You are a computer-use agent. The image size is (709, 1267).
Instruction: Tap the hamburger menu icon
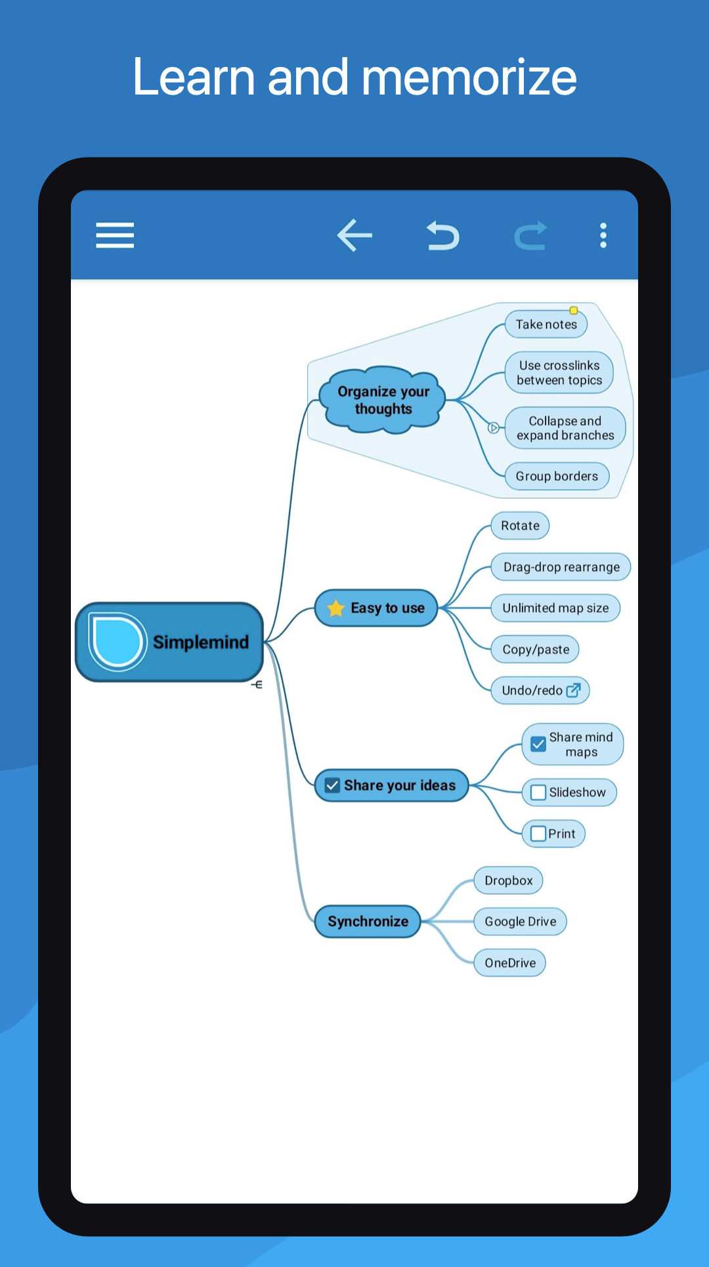point(115,235)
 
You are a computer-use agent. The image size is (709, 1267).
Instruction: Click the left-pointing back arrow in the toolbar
point(354,235)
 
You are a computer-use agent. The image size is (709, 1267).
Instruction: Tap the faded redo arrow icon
point(530,236)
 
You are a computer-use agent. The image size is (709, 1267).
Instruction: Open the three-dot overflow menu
point(603,235)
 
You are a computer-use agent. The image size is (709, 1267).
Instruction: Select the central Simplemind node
point(169,642)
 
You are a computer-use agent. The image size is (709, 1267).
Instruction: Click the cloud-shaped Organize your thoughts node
point(383,400)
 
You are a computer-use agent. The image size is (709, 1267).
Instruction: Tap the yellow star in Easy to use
point(335,608)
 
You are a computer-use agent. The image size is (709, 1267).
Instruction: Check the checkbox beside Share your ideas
point(332,785)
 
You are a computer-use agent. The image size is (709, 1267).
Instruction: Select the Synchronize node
point(368,921)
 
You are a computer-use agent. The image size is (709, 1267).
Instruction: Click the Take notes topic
point(546,324)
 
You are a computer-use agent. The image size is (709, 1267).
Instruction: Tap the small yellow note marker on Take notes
point(574,311)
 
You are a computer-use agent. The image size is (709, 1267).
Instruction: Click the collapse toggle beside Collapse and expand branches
point(494,428)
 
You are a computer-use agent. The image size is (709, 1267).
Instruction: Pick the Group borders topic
point(557,476)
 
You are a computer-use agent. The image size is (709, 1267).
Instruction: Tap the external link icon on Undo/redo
point(573,690)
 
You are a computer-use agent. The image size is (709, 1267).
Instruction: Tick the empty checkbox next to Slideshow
point(538,792)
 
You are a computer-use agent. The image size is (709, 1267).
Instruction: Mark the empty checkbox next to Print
point(538,834)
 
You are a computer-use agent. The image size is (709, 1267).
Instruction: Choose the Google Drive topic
point(520,922)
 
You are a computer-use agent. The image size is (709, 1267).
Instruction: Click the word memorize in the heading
point(469,77)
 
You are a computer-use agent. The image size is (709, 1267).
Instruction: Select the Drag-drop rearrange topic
point(561,567)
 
